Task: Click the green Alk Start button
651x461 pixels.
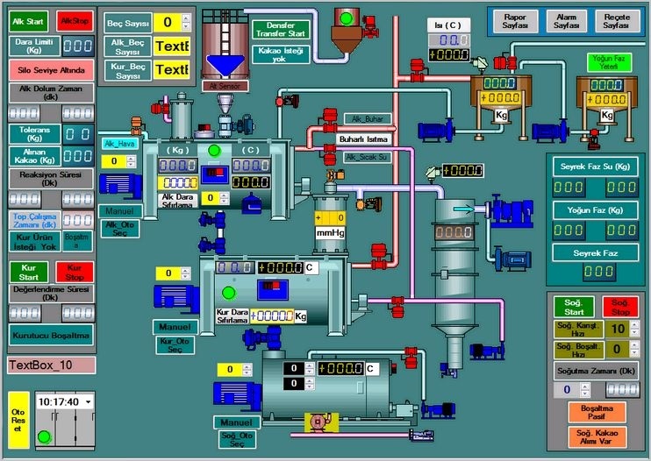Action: pyautogui.click(x=28, y=21)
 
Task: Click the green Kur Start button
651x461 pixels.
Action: pyautogui.click(x=28, y=272)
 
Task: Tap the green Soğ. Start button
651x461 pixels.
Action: pyautogui.click(x=573, y=307)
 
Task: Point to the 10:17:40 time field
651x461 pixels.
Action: pyautogui.click(x=60, y=401)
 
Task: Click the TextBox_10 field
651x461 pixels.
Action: pyautogui.click(x=51, y=365)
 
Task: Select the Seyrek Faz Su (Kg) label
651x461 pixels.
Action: pyautogui.click(x=594, y=166)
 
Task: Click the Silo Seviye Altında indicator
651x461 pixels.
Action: pyautogui.click(x=51, y=69)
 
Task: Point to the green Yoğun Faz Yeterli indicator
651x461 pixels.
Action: pyautogui.click(x=607, y=62)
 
